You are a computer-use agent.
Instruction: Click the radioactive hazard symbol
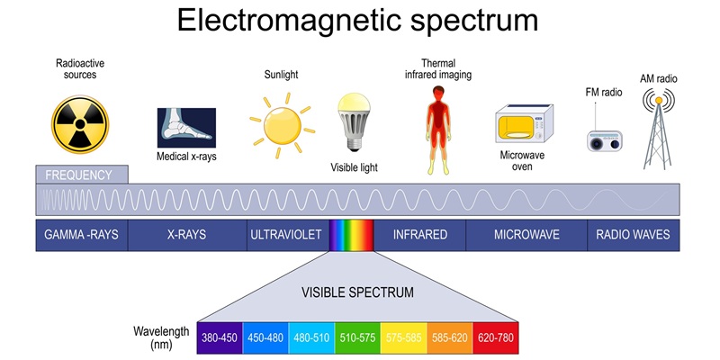(80, 123)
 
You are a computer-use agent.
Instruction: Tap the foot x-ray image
(186, 128)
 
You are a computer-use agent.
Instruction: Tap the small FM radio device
(604, 140)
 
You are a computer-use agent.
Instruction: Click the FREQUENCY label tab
(81, 175)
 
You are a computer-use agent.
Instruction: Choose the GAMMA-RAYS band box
(81, 235)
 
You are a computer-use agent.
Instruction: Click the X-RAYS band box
(186, 235)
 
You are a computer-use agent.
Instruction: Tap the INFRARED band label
(419, 235)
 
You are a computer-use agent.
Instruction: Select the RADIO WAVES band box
(634, 235)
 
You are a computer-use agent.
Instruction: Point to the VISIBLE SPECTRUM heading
(357, 293)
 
